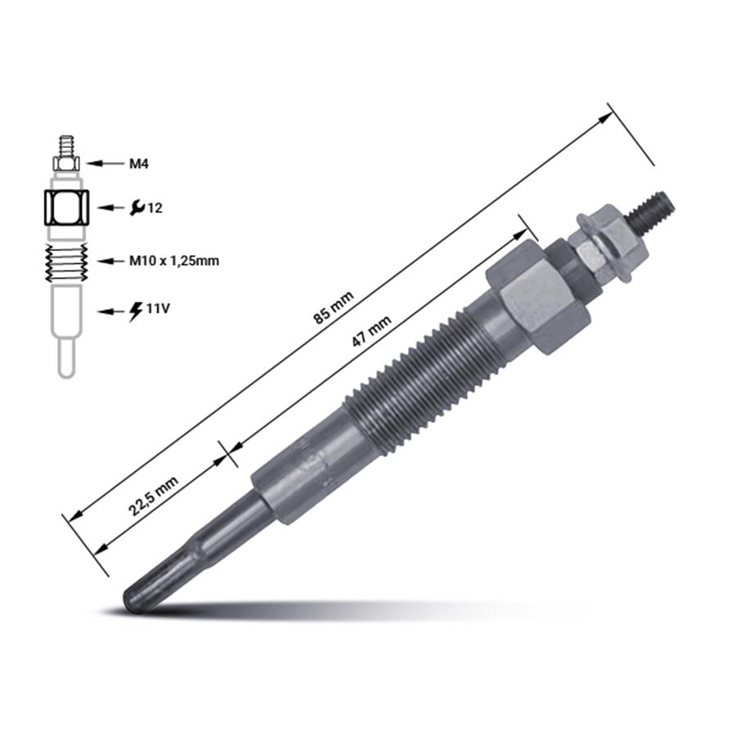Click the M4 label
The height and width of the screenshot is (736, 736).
(x=139, y=164)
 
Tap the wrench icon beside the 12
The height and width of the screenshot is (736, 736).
(x=137, y=208)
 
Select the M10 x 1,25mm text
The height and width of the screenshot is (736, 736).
(x=174, y=261)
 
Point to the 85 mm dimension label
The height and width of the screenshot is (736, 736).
(x=334, y=307)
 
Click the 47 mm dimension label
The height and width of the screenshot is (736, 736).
(x=372, y=331)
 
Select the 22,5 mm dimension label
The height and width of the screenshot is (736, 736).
(x=154, y=496)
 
